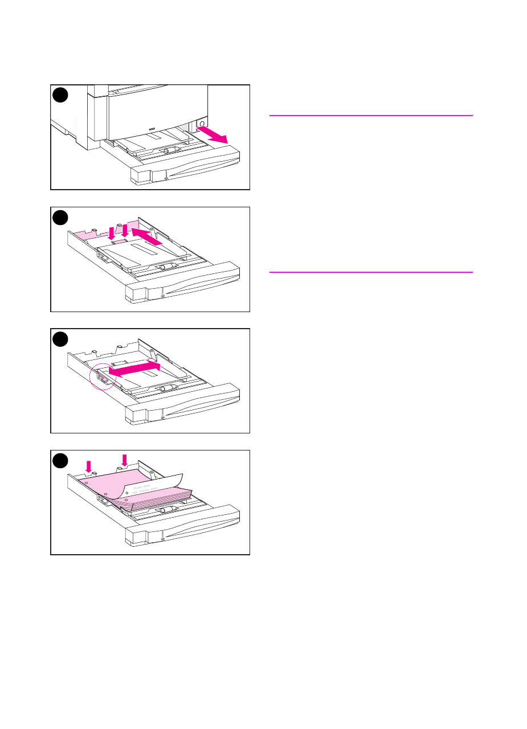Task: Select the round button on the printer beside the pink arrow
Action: point(201,123)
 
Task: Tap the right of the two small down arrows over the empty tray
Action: point(125,230)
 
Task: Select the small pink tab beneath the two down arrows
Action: point(119,241)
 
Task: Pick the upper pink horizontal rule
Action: point(370,116)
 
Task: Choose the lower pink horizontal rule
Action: point(370,272)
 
